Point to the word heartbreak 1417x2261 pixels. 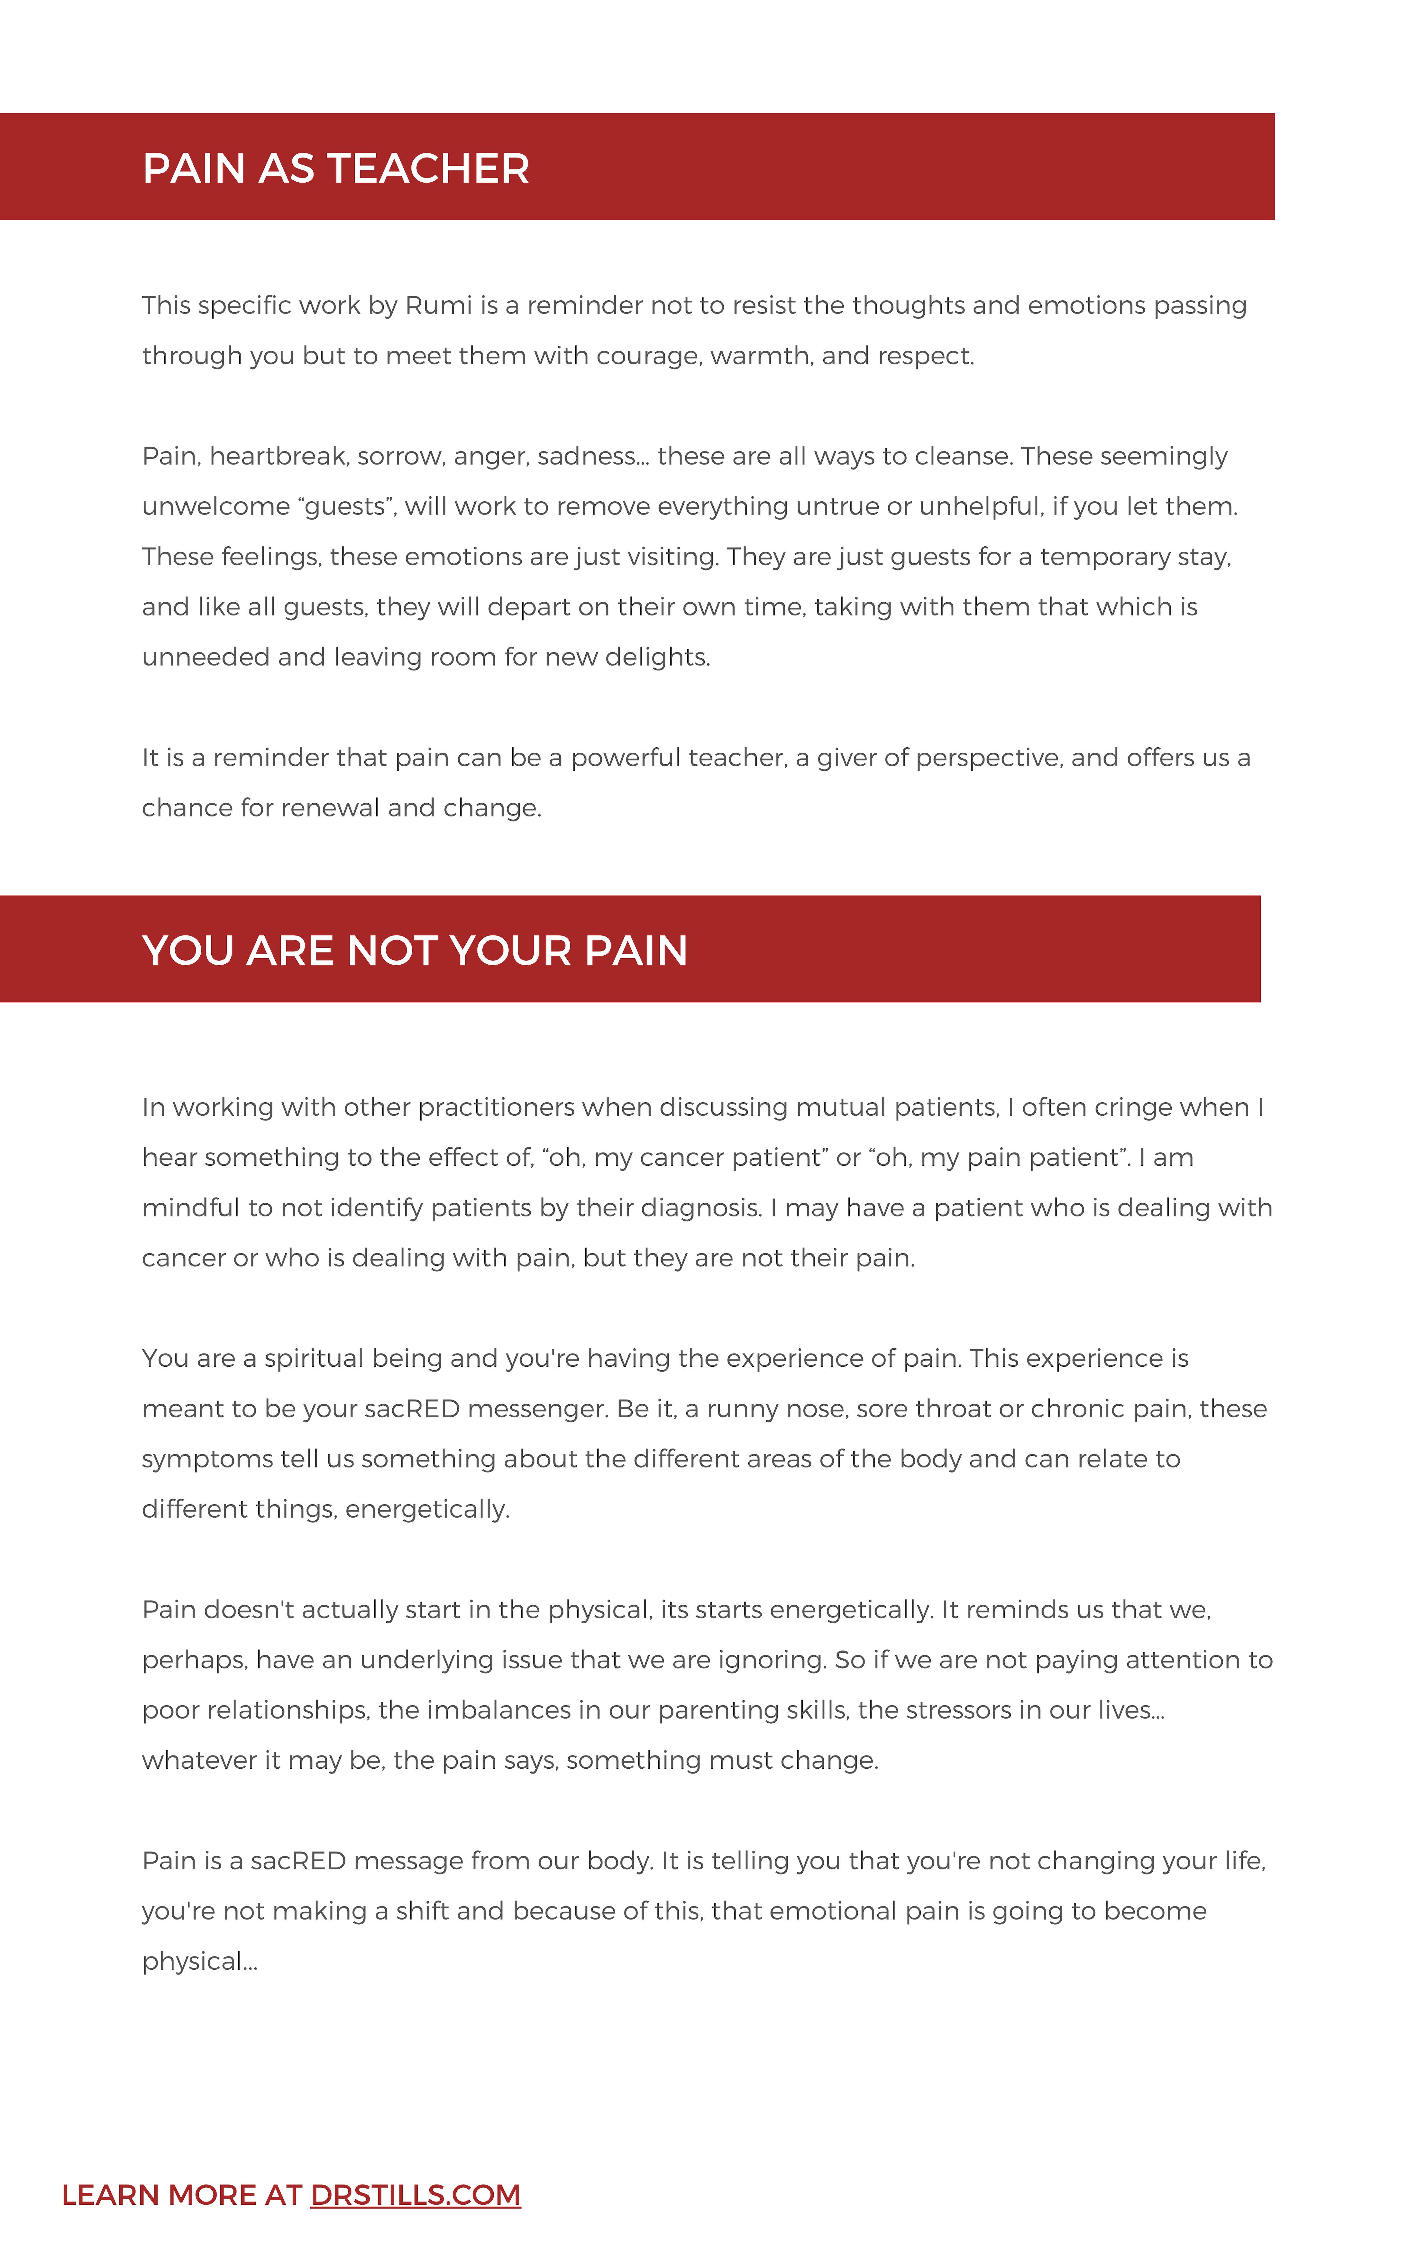coord(278,456)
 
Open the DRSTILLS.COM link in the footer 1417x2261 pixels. coord(415,2194)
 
